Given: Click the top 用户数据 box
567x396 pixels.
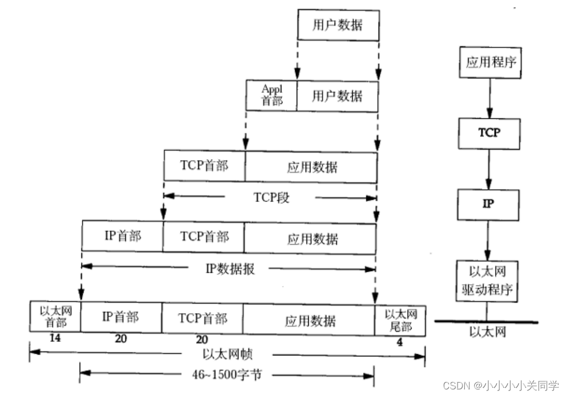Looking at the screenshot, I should (337, 26).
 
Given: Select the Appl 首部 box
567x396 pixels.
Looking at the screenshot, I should (271, 95).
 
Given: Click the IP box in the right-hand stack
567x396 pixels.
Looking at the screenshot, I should (488, 203).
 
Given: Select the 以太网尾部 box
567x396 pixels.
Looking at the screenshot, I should (401, 319).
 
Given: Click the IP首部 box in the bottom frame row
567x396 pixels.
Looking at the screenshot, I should (121, 317).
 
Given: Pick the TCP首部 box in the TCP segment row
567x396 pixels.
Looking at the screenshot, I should (204, 166).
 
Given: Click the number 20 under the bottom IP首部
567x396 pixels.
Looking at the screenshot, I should (121, 339).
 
